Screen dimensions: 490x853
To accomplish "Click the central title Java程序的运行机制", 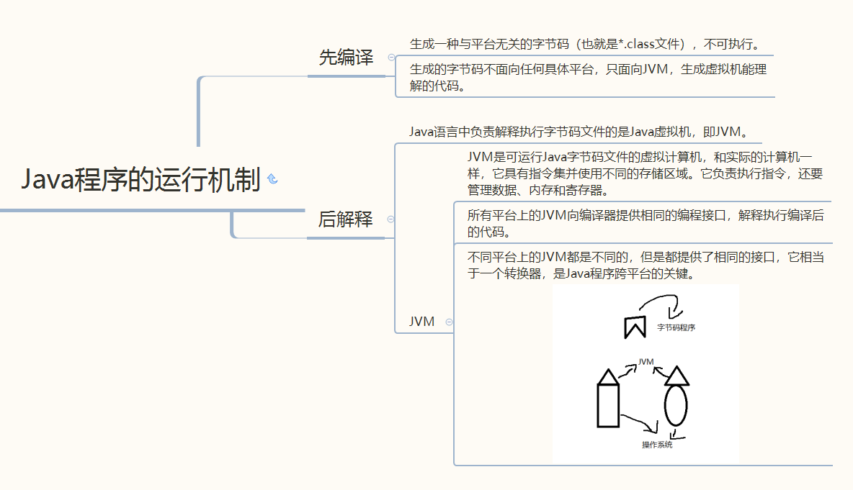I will (x=140, y=180).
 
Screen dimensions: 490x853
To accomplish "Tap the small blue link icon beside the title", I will (x=272, y=179).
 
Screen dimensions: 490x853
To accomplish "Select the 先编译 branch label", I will (x=346, y=58).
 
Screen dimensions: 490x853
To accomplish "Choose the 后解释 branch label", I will (x=346, y=219).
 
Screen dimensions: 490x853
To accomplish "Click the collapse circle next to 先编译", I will (x=391, y=57).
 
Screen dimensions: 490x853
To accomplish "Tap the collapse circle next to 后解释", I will (x=391, y=219).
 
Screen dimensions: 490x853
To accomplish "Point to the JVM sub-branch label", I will (x=421, y=322).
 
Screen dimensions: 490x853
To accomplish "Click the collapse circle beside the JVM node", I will (x=449, y=322).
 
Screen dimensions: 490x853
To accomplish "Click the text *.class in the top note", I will (x=651, y=44).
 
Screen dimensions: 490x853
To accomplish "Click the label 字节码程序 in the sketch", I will (x=676, y=328).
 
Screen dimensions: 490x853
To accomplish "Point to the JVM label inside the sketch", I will (x=646, y=362).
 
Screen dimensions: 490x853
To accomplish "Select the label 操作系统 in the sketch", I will (x=657, y=445).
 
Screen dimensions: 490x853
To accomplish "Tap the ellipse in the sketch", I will (x=676, y=407).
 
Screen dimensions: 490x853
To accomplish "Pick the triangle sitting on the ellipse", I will (x=676, y=376).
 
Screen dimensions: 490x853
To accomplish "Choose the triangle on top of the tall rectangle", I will (x=608, y=376).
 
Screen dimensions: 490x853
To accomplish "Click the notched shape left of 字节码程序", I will (x=633, y=326).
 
